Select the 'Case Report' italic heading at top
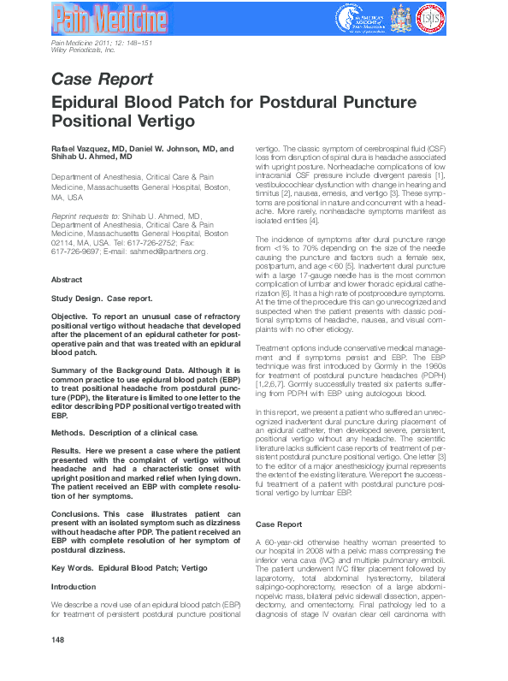102,80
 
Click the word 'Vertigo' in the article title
163,121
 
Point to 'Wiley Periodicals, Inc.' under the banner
83,50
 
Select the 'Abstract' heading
68,280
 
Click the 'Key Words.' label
73,568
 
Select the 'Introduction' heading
74,587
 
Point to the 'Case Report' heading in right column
279,523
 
